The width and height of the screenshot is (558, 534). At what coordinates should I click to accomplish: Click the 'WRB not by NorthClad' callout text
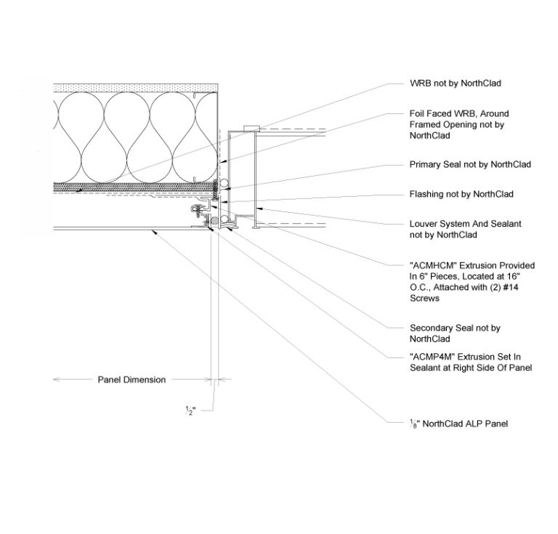[x=455, y=84]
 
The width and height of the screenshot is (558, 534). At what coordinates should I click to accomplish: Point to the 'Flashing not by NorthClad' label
[x=461, y=194]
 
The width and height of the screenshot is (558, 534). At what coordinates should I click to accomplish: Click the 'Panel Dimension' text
[x=132, y=380]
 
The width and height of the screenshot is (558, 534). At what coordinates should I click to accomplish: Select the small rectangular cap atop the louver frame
[x=251, y=128]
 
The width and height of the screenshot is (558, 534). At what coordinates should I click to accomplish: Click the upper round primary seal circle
[x=225, y=182]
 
